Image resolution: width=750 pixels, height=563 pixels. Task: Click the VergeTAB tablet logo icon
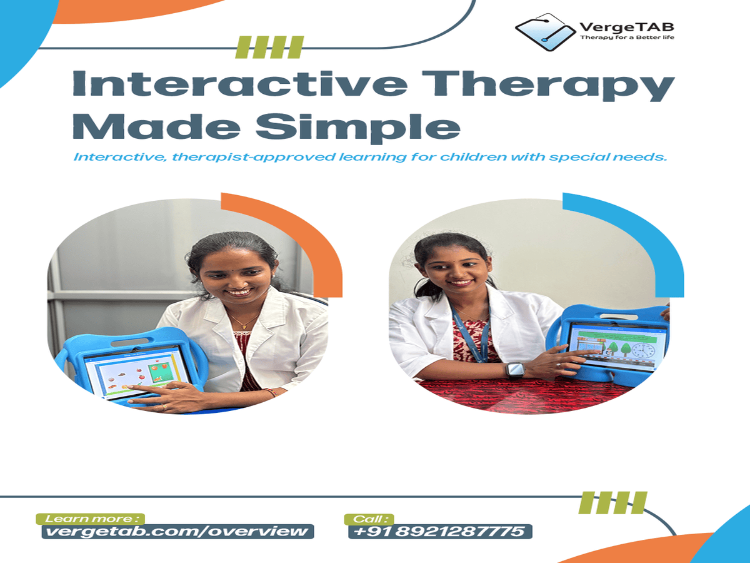coord(545,32)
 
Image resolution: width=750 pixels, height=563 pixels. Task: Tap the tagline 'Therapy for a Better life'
coord(627,37)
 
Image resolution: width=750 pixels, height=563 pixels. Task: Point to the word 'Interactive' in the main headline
coord(240,84)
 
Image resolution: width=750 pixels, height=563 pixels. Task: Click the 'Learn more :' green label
coord(90,519)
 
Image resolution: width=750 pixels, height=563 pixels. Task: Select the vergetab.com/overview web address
coord(177,532)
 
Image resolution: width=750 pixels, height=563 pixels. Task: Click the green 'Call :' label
coord(369,519)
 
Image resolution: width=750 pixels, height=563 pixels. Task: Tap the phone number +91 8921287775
coord(440,532)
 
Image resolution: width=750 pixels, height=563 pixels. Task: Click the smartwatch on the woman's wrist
coord(515,370)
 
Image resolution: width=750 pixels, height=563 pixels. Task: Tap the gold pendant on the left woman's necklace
coord(244,326)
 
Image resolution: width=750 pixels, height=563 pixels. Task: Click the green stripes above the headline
coord(269,47)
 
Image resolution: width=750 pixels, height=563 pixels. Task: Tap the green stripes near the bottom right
coord(612,503)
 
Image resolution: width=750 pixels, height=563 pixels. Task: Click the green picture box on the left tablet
coord(159,373)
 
